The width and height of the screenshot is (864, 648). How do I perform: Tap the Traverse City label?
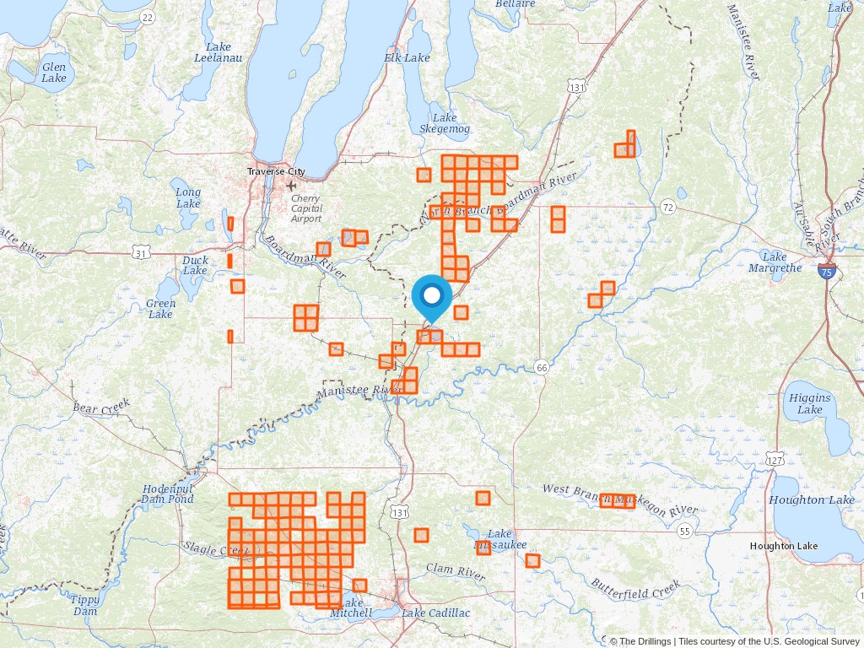click(276, 171)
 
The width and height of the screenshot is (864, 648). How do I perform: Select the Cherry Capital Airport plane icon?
click(292, 186)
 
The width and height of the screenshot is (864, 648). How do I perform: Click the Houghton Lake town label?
click(784, 546)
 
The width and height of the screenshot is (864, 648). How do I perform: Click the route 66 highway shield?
click(542, 366)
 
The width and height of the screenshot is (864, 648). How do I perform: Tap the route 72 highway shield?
click(667, 207)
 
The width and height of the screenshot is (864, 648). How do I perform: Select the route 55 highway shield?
click(683, 531)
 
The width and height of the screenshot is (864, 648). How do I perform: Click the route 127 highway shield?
click(775, 458)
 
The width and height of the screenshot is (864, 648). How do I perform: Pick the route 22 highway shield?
click(148, 17)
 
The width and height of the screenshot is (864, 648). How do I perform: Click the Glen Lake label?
click(53, 73)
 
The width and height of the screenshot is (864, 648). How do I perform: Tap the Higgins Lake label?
click(809, 403)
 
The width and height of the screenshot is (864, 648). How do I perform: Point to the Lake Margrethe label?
click(775, 262)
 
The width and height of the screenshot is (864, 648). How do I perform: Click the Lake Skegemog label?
click(445, 123)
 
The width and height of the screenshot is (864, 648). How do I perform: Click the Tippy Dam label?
click(85, 605)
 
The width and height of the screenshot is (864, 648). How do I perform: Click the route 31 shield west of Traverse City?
click(142, 253)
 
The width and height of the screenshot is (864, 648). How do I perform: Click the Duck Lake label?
click(195, 265)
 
